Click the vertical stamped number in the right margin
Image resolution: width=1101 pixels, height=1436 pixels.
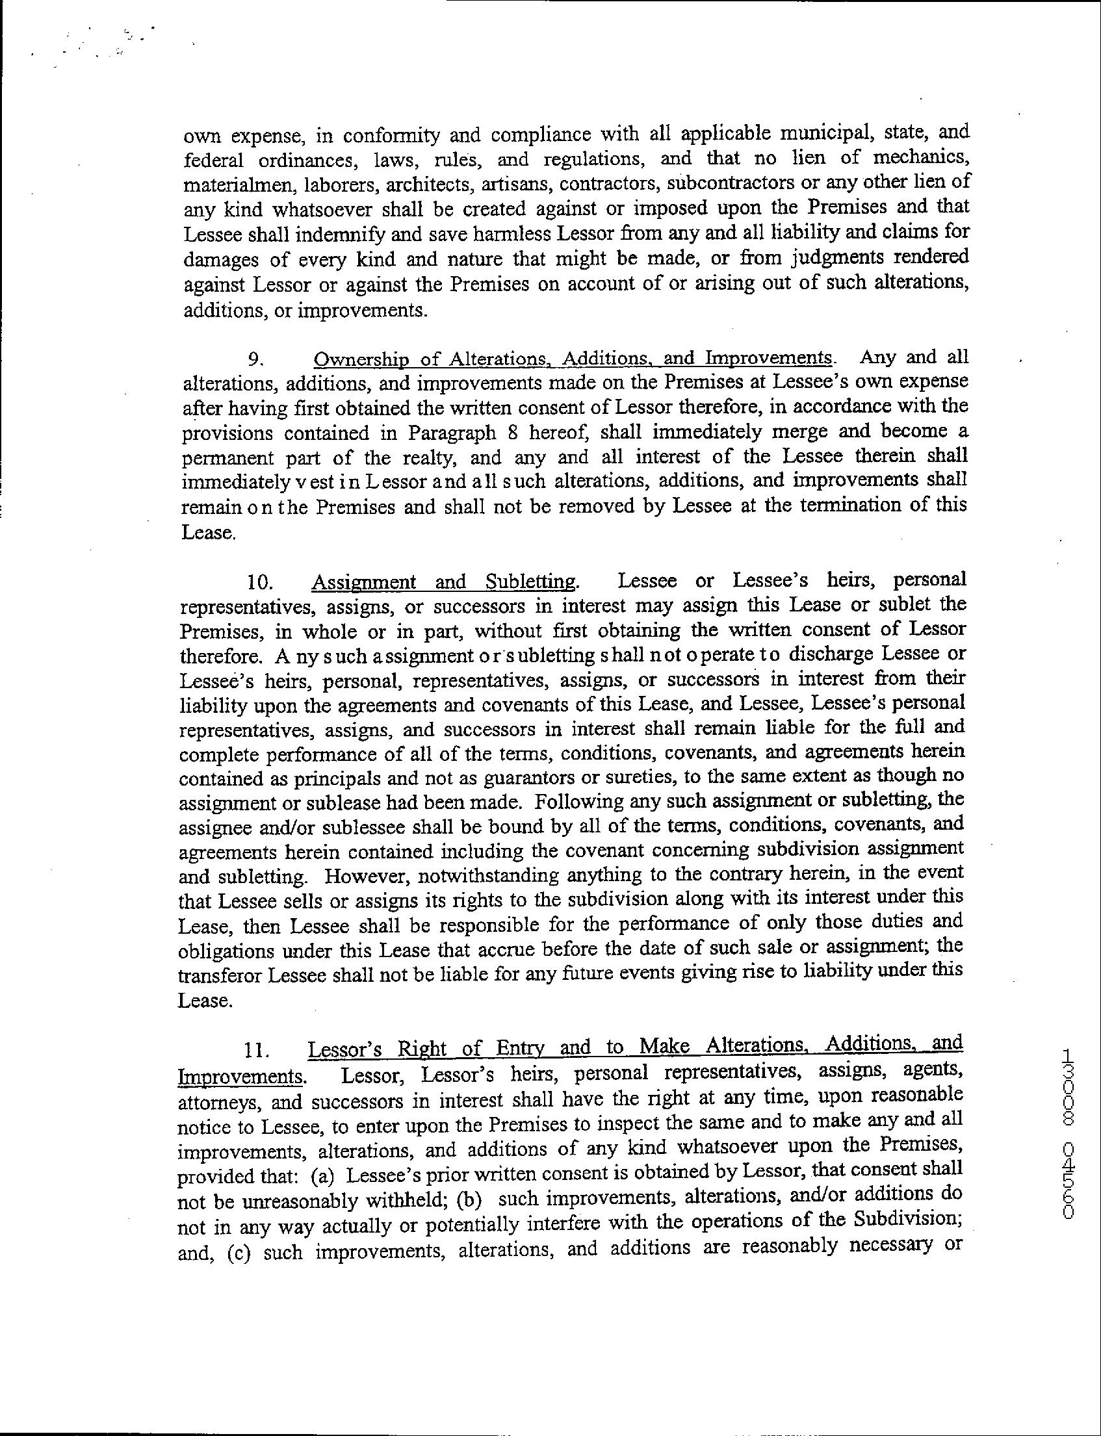(x=1066, y=1134)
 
